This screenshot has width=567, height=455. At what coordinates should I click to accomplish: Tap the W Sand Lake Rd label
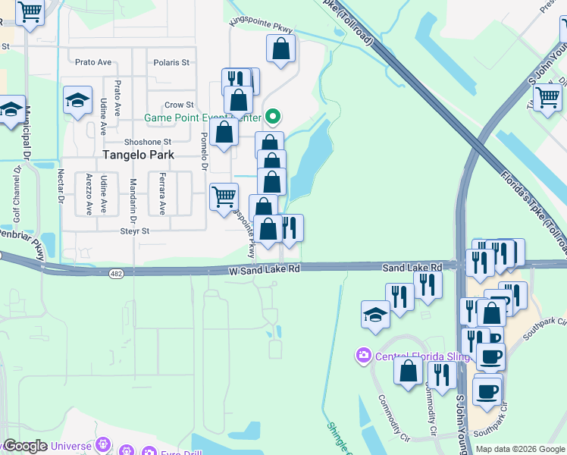(265, 269)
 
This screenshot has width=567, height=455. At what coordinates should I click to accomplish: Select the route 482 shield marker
(115, 274)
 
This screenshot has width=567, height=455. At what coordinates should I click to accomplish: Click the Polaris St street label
(171, 62)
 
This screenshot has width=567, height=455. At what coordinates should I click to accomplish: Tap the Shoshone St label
(149, 141)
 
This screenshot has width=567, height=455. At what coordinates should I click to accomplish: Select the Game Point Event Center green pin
(273, 117)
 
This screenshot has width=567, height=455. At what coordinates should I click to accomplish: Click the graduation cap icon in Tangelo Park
(77, 102)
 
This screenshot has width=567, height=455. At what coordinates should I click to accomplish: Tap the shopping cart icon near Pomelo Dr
(224, 197)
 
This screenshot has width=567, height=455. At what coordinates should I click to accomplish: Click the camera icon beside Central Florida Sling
(364, 355)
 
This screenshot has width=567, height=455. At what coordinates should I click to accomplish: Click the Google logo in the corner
(25, 446)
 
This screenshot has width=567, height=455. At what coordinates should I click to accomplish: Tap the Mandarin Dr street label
(133, 194)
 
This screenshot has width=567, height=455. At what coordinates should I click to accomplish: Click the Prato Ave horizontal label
(90, 62)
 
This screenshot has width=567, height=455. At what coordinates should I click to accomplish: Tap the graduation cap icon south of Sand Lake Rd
(375, 315)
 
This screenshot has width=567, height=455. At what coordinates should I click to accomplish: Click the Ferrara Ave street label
(161, 194)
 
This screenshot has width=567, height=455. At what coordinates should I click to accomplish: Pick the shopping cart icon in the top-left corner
(30, 12)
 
